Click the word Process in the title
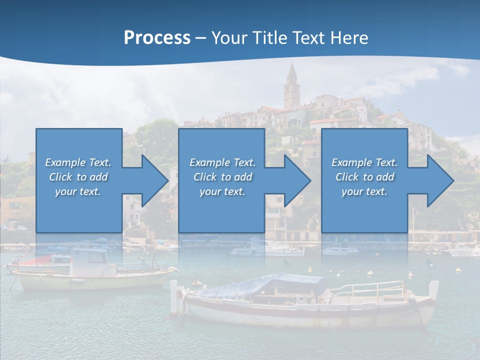tap(157, 38)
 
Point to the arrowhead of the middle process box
tap(297, 180)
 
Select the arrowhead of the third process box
tap(440, 180)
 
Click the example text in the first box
tap(78, 177)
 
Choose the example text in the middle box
tap(222, 177)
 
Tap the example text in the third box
tap(364, 177)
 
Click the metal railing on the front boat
tap(370, 289)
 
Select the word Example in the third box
tap(352, 162)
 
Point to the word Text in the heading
tap(309, 38)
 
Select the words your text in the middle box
tap(222, 191)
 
